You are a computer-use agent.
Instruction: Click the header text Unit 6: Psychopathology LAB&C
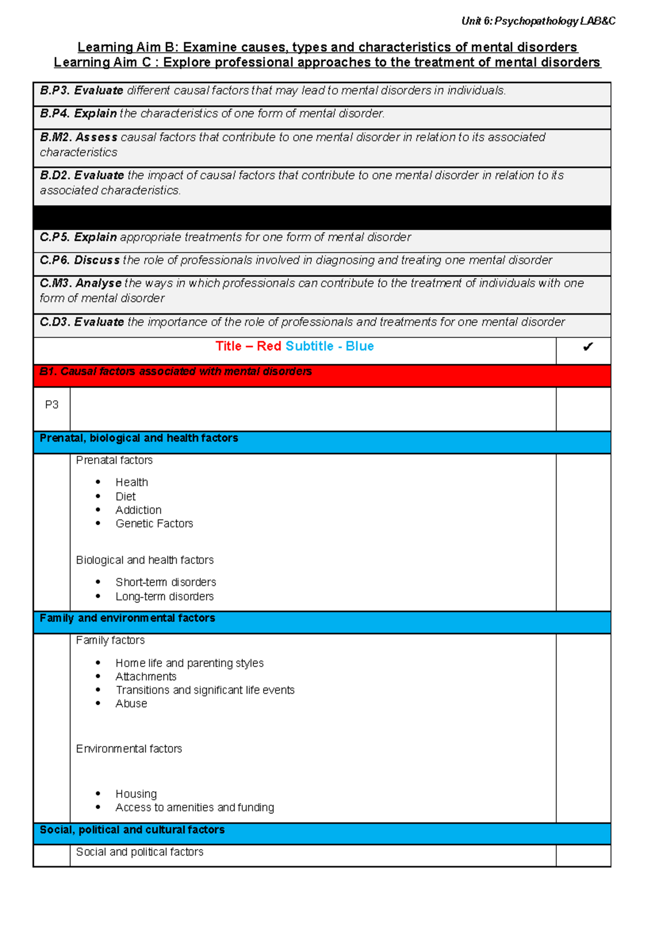[x=538, y=21]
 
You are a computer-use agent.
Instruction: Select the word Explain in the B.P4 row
[x=96, y=114]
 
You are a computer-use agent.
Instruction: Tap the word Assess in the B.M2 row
[x=96, y=138]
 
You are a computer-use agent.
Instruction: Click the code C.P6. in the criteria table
[x=55, y=260]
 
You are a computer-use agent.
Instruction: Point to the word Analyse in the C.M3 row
[x=98, y=283]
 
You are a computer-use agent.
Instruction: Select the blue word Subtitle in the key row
[x=309, y=346]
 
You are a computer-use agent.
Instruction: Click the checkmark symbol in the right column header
[x=587, y=347]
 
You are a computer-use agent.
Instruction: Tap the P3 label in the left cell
[x=51, y=405]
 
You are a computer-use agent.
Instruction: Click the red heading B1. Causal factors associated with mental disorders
[x=175, y=372]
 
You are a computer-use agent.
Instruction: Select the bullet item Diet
[x=126, y=497]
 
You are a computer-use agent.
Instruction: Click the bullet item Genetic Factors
[x=154, y=524]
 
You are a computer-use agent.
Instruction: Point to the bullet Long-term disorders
[x=164, y=597]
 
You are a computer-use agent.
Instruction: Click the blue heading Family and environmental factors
[x=127, y=618]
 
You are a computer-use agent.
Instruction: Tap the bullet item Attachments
[x=146, y=677]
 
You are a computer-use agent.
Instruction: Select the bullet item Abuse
[x=131, y=704]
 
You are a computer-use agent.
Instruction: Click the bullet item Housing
[x=136, y=794]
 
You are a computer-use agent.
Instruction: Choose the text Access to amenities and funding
[x=194, y=807]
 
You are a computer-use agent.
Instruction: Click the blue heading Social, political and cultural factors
[x=132, y=830]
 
